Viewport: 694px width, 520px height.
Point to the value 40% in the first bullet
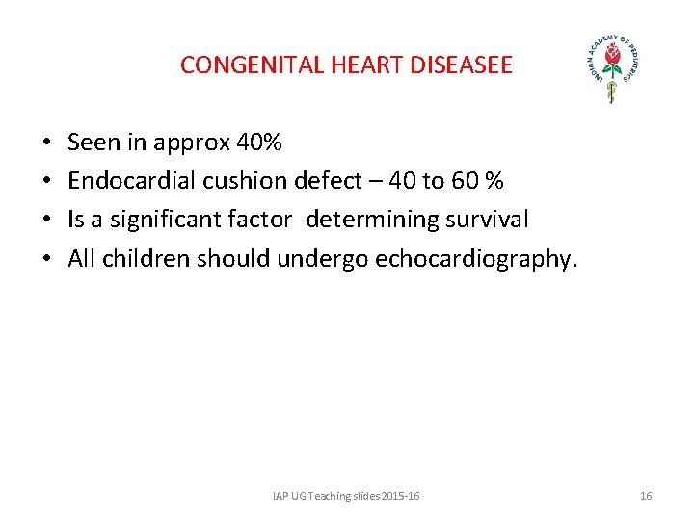point(259,143)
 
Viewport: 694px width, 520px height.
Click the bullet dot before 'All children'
point(46,258)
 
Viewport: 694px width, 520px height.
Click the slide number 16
point(646,496)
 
